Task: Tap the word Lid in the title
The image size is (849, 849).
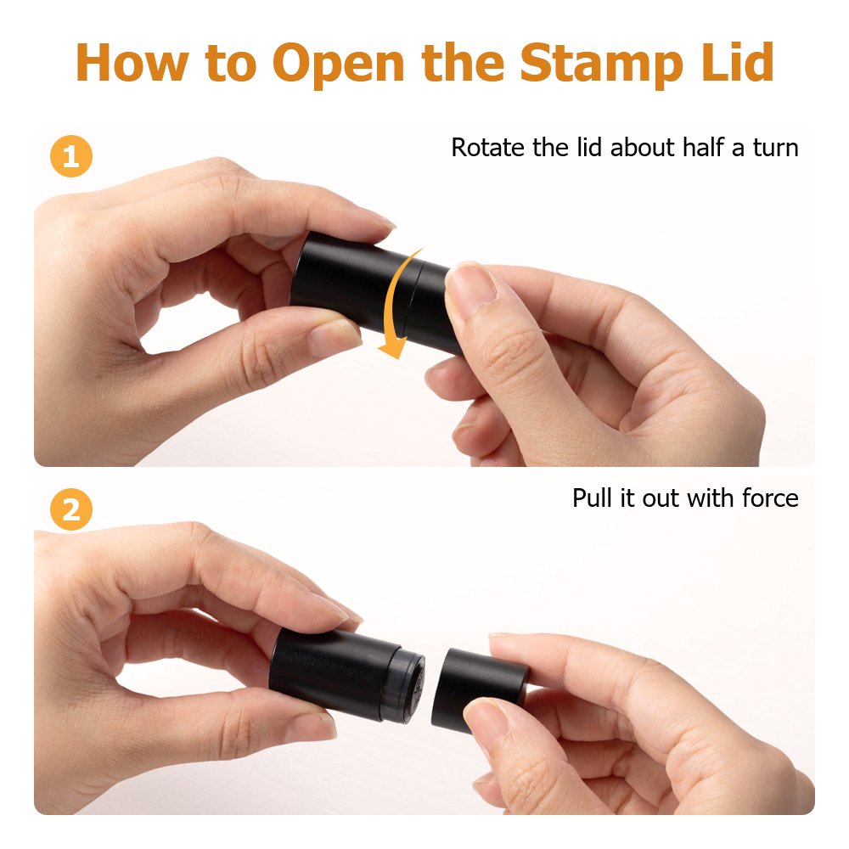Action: [x=738, y=61]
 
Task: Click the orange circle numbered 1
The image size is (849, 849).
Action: [x=71, y=156]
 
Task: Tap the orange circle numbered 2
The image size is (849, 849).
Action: [x=71, y=509]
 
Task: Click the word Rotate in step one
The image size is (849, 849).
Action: [x=487, y=148]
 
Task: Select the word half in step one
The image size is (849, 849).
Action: [x=704, y=147]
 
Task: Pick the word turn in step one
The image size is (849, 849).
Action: [x=775, y=149]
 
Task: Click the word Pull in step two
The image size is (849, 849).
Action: [x=593, y=498]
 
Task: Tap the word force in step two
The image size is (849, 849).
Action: [x=770, y=498]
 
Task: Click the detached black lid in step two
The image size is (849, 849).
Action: [x=479, y=689]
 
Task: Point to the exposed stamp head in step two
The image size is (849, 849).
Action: [x=408, y=685]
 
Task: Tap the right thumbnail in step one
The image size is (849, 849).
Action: [x=470, y=282]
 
